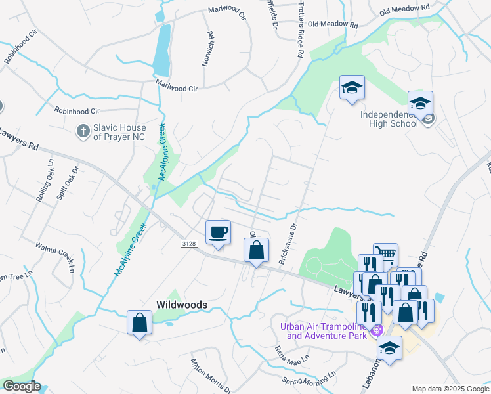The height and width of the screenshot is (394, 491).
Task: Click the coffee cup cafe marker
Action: [218, 232]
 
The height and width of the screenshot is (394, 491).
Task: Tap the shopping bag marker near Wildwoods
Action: [139, 322]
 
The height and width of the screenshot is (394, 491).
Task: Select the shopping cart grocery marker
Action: [385, 255]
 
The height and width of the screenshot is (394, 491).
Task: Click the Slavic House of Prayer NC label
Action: [119, 132]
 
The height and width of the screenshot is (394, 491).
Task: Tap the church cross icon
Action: [83, 131]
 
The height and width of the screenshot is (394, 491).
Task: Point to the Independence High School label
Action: [389, 119]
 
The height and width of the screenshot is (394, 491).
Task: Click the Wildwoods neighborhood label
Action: [182, 305]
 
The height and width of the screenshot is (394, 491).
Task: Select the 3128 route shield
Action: [189, 243]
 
